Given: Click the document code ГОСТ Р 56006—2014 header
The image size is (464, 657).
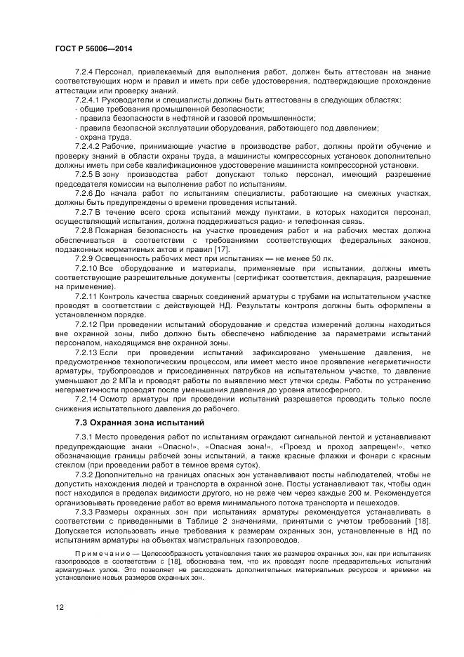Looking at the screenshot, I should point(93,48).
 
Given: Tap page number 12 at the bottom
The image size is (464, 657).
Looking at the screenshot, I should point(59,608).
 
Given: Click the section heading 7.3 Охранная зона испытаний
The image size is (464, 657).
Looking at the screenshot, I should point(139,423).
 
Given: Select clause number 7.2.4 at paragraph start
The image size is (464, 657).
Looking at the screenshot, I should point(84,72).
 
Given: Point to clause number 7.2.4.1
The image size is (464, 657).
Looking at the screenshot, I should point(88,100).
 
